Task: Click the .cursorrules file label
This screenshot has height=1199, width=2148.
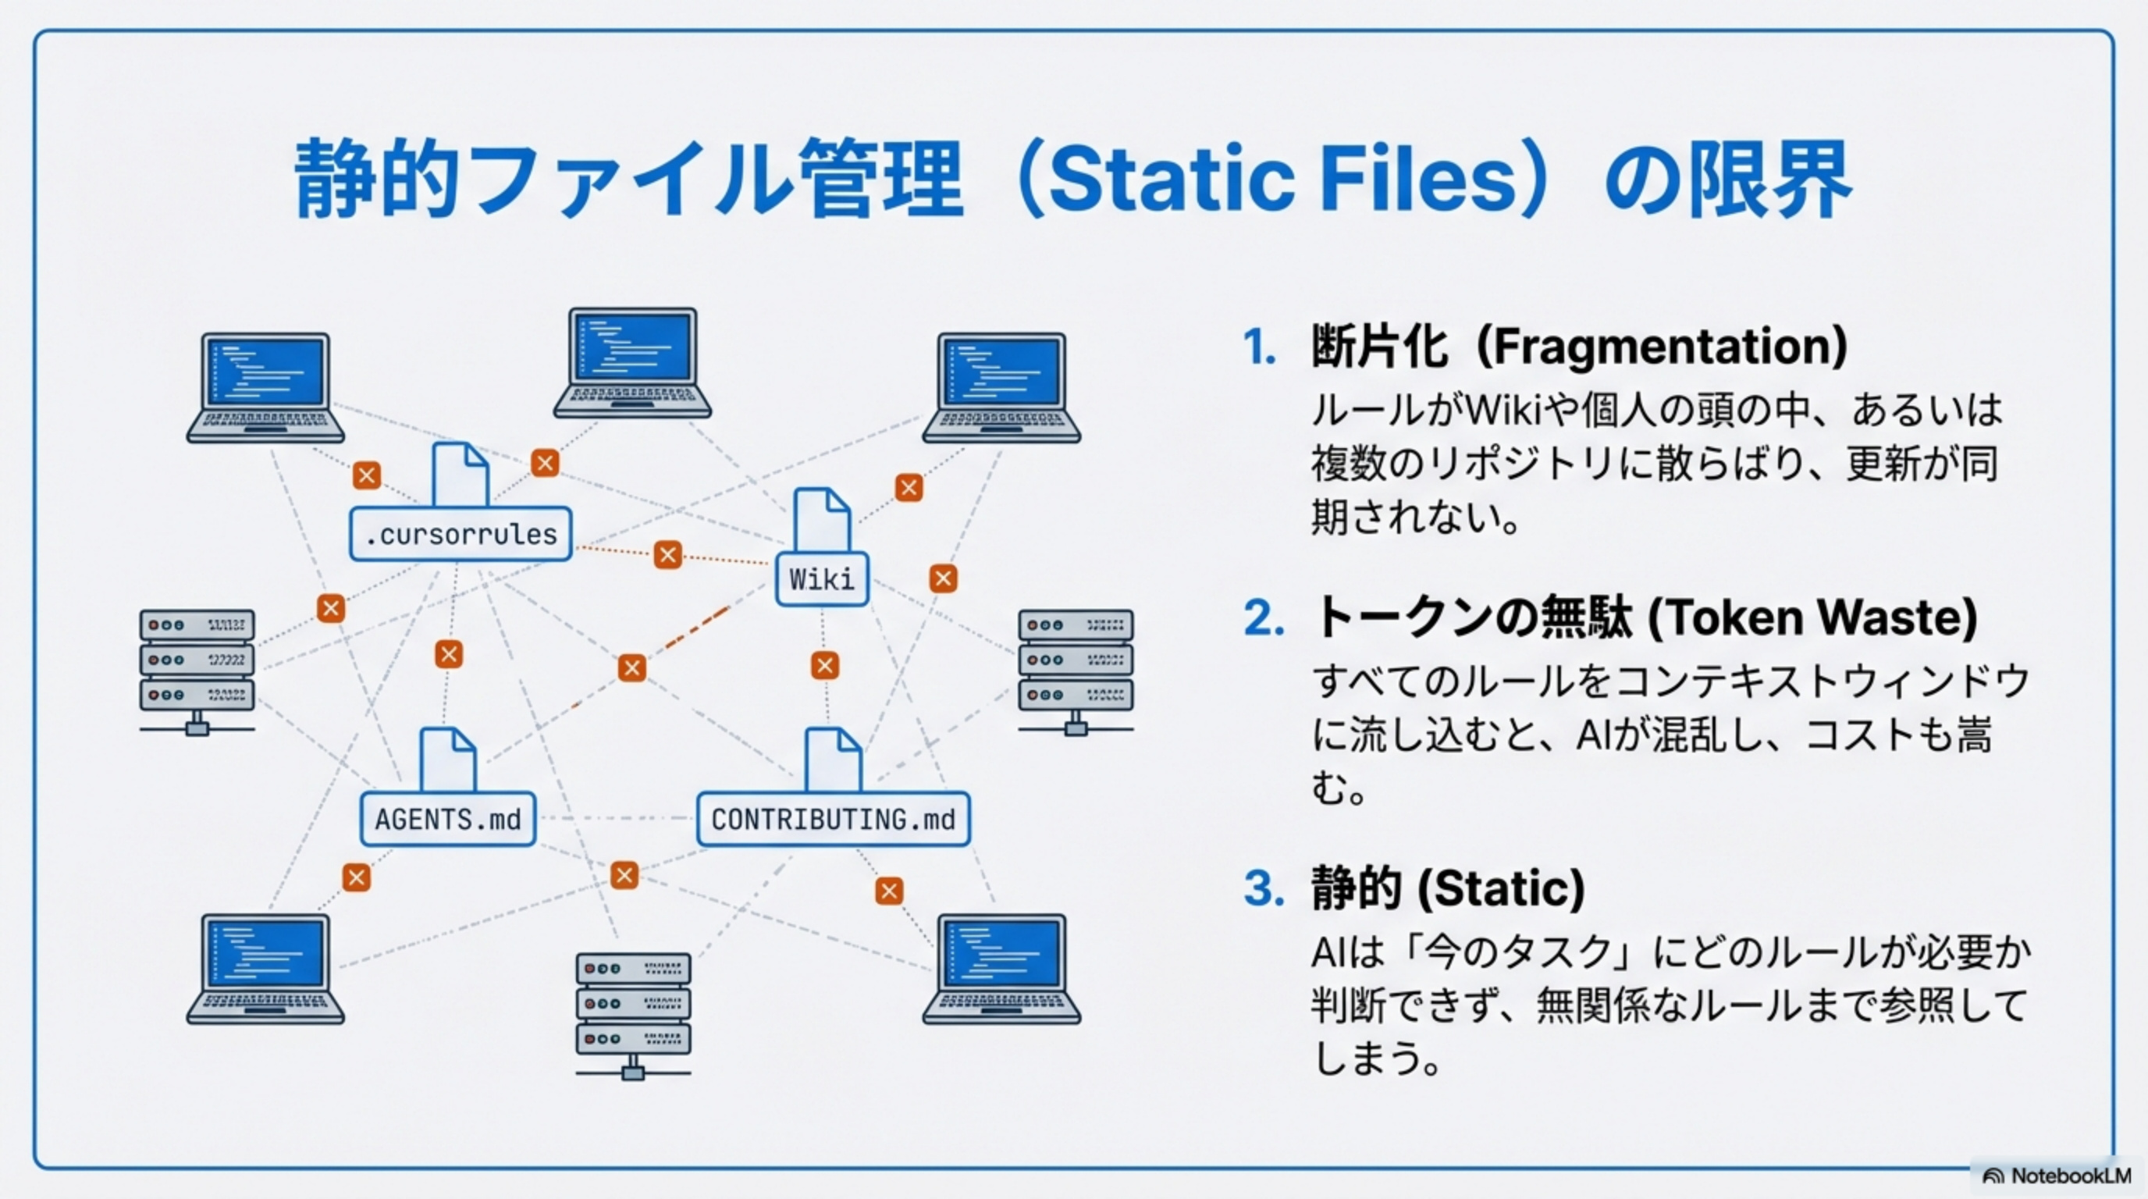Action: (461, 534)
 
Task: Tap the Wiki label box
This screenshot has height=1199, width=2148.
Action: (821, 578)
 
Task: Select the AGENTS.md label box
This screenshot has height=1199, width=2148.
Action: (448, 819)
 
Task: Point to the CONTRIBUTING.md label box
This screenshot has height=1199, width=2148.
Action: (833, 819)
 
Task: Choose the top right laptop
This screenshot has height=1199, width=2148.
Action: (1001, 389)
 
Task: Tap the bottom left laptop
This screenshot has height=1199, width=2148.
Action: (265, 969)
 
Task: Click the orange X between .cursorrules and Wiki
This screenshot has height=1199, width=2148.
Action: (667, 554)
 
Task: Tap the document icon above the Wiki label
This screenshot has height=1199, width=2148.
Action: (822, 521)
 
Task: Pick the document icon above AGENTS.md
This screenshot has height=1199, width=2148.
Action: (448, 760)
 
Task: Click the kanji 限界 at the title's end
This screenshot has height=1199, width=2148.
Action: (1769, 180)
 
